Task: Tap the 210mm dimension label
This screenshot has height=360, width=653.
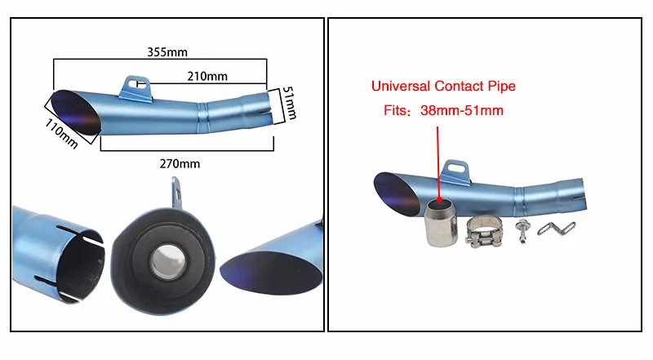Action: pyautogui.click(x=207, y=76)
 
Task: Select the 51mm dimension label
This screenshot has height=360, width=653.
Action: pyautogui.click(x=289, y=104)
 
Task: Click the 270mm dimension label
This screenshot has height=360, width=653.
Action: pyautogui.click(x=180, y=163)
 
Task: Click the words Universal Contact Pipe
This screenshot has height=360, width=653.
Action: pyautogui.click(x=443, y=86)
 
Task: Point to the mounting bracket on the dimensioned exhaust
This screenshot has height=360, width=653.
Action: pyautogui.click(x=138, y=85)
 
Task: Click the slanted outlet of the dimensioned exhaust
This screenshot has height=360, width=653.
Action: pyautogui.click(x=78, y=111)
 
